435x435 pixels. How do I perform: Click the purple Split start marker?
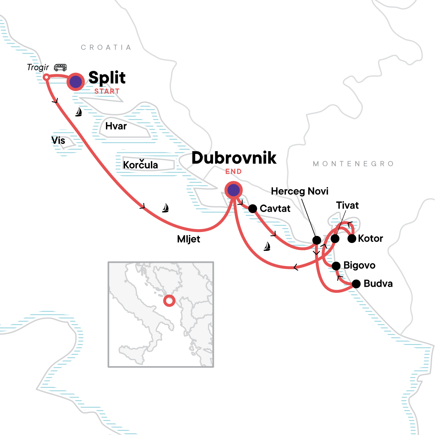75,82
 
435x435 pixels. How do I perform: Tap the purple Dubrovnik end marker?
233,190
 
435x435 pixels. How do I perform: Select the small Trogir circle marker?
46,77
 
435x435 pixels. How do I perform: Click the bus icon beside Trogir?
60,67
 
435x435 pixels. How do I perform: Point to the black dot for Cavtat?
253,208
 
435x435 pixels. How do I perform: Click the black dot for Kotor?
352,239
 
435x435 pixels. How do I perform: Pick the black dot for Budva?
356,284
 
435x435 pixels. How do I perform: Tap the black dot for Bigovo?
336,266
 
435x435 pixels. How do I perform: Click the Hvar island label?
116,126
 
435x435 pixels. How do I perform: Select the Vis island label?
58,140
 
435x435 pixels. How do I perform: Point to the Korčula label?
141,165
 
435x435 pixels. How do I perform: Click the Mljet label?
188,239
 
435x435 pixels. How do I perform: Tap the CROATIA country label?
106,47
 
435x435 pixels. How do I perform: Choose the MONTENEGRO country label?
353,164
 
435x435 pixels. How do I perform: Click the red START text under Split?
107,91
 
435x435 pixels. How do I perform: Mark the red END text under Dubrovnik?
233,171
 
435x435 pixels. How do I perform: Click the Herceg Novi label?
300,191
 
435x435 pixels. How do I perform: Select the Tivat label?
347,206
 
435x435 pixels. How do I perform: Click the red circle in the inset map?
169,301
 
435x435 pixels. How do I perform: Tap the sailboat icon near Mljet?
165,208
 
